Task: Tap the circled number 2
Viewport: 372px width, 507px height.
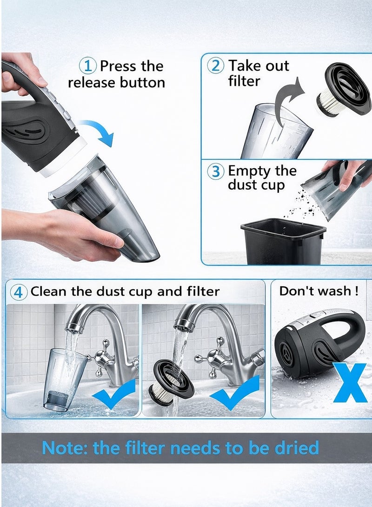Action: (x=216, y=66)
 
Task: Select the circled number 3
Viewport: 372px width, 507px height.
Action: (x=216, y=171)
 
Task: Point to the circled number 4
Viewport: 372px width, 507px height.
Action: (x=18, y=292)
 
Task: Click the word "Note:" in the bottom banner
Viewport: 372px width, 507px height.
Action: (x=65, y=448)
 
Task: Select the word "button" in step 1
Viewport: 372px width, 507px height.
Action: (x=142, y=83)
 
